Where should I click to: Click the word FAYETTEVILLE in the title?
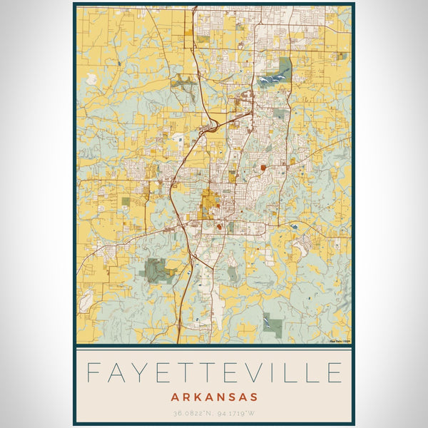point(214,373)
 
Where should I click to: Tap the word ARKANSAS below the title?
point(214,397)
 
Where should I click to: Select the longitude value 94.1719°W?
point(239,413)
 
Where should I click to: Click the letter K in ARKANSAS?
point(194,397)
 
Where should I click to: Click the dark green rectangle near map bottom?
point(272,324)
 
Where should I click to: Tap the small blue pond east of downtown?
point(293,225)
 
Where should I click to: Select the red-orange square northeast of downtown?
point(263,169)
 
